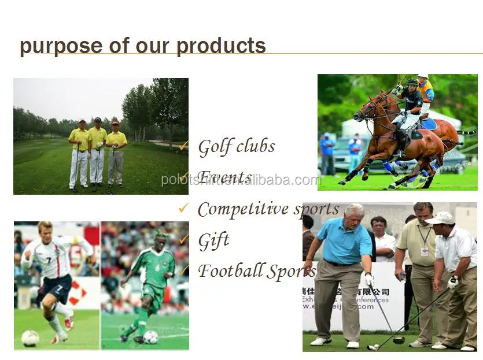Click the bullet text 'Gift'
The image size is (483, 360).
click(x=213, y=239)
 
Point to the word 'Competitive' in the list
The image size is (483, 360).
click(x=243, y=209)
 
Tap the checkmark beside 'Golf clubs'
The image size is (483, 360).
click(x=184, y=146)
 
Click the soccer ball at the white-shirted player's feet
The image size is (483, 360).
click(x=30, y=338)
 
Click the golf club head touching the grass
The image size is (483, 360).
click(x=398, y=340)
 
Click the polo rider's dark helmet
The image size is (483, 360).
click(x=412, y=83)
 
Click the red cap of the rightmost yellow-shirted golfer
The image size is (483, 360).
click(x=116, y=123)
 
